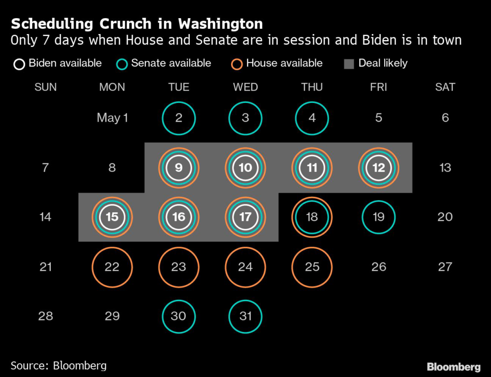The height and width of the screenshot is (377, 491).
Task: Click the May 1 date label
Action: [x=112, y=118]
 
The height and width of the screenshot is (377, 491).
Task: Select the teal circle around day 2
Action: [x=179, y=118]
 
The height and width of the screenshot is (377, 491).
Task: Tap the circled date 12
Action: [x=379, y=168]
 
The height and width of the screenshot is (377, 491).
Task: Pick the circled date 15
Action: [x=112, y=217]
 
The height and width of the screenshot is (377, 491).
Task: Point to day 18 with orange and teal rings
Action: [x=312, y=217]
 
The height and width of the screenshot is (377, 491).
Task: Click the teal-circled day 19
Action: [x=379, y=217]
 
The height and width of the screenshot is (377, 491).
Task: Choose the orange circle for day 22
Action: [x=112, y=267]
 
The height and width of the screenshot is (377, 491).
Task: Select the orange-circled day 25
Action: [x=312, y=267]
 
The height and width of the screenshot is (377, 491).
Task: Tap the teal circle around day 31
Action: [x=245, y=316]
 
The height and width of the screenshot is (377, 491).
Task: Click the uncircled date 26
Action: [x=379, y=267]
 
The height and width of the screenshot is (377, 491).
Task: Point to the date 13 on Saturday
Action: [x=445, y=168]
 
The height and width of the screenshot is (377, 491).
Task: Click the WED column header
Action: [x=245, y=87]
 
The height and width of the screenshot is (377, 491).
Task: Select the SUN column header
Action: [x=46, y=87]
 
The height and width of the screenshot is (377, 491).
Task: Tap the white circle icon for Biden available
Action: [x=19, y=64]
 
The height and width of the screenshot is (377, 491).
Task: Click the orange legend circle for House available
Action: [x=237, y=64]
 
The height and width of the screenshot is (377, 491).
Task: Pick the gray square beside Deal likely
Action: [x=349, y=64]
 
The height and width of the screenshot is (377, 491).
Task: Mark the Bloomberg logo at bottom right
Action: [x=453, y=367]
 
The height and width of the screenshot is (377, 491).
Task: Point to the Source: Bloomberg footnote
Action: [x=58, y=366]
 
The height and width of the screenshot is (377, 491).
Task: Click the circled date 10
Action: [x=245, y=168]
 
